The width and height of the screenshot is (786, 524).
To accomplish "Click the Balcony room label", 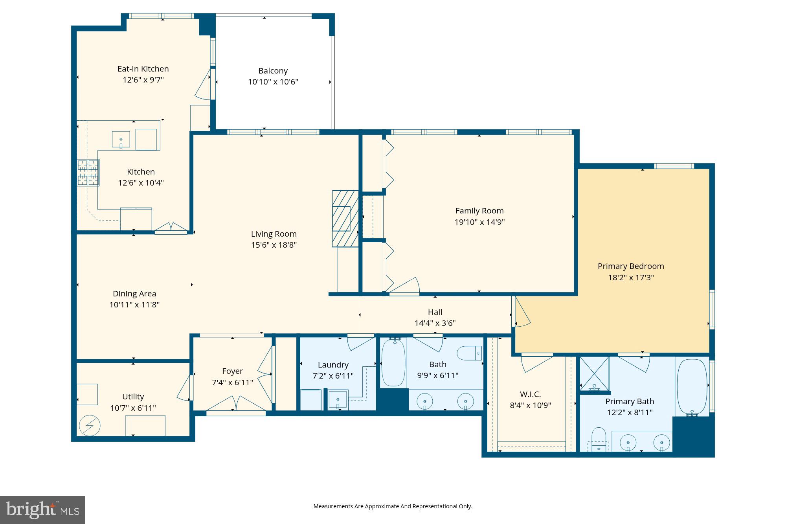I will tap(273, 71).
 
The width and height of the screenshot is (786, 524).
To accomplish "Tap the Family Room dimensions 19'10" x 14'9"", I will tap(479, 222).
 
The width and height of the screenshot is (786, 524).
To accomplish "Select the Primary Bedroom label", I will tap(630, 266).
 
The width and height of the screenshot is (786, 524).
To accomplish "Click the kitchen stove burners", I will tap(88, 173).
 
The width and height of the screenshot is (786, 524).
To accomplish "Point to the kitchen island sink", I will tap(121, 140).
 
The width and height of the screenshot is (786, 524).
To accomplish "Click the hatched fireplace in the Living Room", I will tap(345, 219).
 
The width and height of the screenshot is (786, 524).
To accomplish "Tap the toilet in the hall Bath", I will tap(470, 353).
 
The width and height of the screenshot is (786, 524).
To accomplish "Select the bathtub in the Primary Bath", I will tap(692, 387).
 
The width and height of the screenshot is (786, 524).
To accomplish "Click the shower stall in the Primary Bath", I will tap(595, 374).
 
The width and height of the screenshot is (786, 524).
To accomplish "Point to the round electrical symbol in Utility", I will tap(90, 425).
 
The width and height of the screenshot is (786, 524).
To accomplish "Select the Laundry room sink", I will tap(338, 400).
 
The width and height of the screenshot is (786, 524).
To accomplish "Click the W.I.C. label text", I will tap(530, 394).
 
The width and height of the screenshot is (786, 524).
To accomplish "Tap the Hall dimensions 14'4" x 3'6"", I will tap(435, 323).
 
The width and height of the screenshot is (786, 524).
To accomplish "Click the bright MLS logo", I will tap(42, 510).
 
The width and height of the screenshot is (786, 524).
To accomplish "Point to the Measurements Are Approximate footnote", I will tap(393, 506).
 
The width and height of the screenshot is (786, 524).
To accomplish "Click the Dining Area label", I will tap(134, 294).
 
